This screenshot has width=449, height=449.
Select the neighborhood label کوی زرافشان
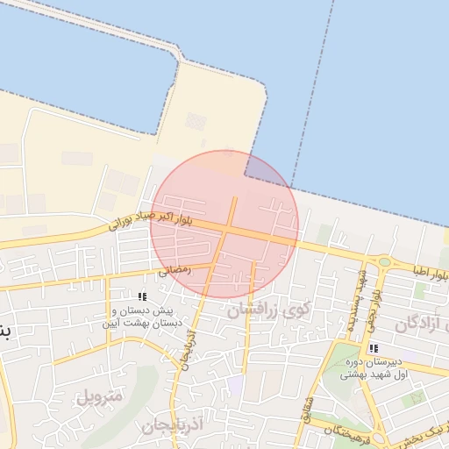[x=268, y=310]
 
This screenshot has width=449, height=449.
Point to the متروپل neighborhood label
[x=99, y=396]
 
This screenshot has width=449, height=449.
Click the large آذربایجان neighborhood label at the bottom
[x=172, y=425]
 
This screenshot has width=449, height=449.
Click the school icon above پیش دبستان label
[x=143, y=296]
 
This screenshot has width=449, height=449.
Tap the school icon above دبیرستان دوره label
[x=374, y=348]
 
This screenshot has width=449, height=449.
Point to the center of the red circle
[x=224, y=224]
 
